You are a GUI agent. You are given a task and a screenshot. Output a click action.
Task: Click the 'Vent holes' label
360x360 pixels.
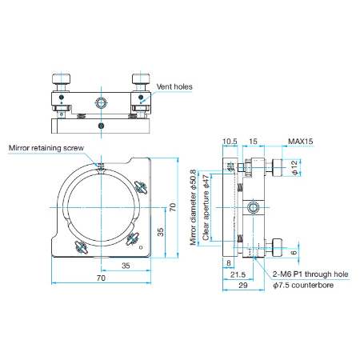[174, 86]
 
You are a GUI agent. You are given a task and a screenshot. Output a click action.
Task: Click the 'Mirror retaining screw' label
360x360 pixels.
[46, 148]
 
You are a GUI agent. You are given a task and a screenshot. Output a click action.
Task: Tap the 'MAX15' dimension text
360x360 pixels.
[301, 142]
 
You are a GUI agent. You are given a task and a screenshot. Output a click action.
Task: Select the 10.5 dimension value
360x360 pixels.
[230, 142]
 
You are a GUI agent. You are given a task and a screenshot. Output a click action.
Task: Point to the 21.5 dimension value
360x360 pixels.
[238, 274]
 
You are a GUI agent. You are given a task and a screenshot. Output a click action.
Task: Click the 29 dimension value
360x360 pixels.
[243, 286]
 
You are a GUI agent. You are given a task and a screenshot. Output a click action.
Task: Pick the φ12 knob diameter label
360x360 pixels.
[294, 167]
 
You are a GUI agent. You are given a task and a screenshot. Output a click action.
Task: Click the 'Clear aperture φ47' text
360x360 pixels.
[206, 207]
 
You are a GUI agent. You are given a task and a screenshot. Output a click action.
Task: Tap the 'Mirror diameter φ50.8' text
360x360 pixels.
[193, 207]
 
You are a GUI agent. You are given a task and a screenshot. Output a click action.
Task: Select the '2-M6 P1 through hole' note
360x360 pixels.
[310, 274]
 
